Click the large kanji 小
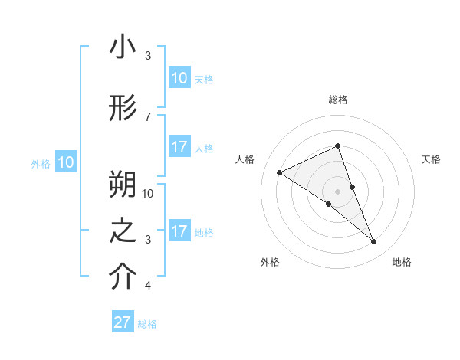tap(123, 47)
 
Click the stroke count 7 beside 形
tap(148, 116)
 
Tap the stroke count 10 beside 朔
tap(149, 193)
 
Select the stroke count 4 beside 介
tap(148, 286)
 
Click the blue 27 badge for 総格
tap(123, 322)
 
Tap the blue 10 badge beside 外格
tap(65, 162)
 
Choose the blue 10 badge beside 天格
tap(179, 78)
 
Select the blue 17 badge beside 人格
tap(179, 147)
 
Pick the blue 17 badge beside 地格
tap(179, 231)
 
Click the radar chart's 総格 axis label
tap(338, 100)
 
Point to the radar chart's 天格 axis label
tap(431, 159)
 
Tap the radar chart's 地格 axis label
tap(402, 262)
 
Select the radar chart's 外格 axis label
tap(270, 262)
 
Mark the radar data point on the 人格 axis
tap(279, 172)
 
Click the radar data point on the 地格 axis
tap(374, 242)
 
